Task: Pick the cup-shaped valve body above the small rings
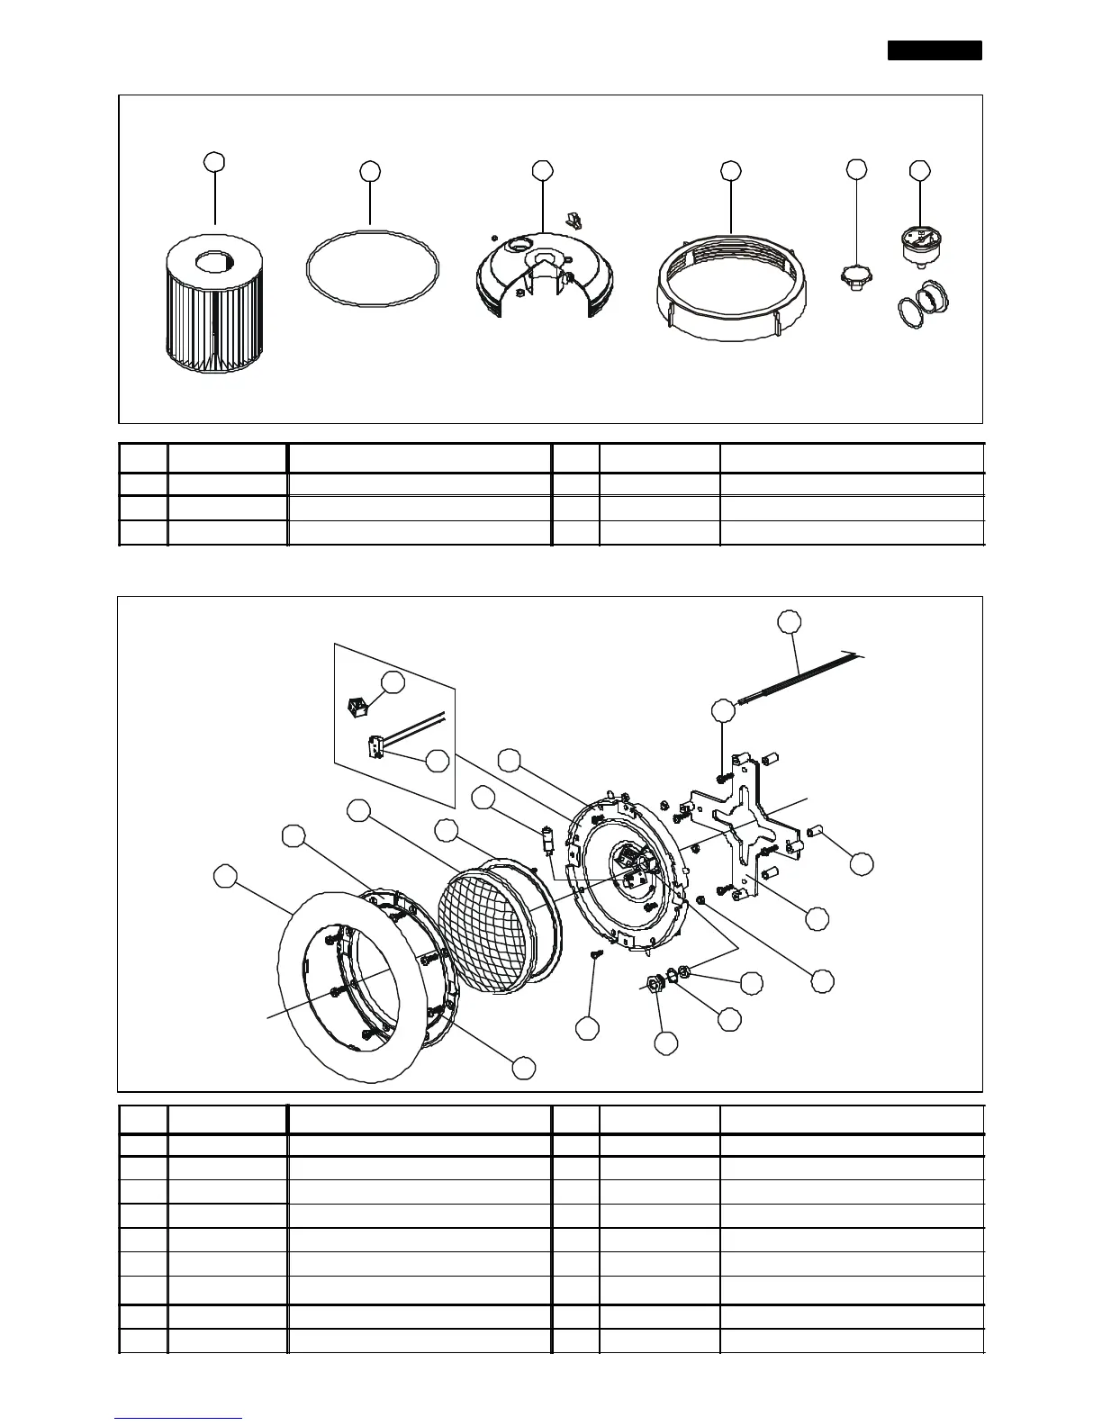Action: tap(919, 245)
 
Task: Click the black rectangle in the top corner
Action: tap(935, 50)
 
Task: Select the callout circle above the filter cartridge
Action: tap(214, 162)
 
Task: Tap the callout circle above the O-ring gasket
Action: tap(370, 171)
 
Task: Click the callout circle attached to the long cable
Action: tap(789, 621)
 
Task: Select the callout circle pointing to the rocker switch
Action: tap(393, 682)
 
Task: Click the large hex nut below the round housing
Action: tap(650, 984)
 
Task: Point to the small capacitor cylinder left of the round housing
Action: tap(546, 842)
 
